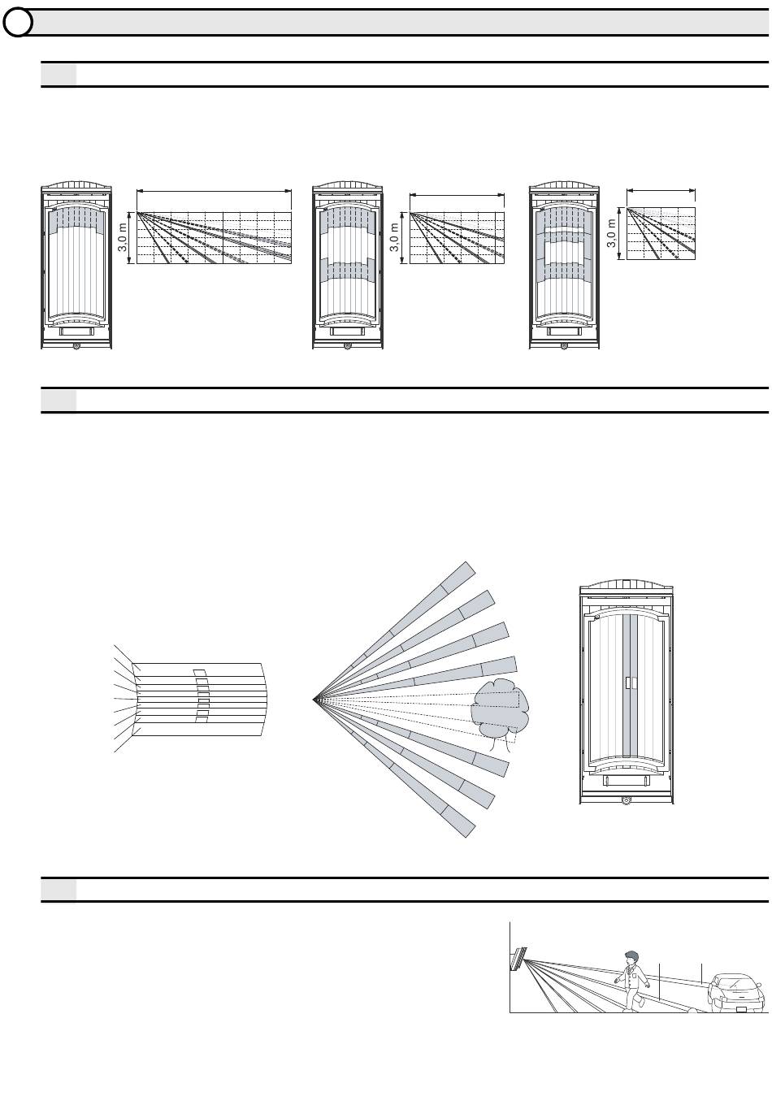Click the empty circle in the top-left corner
click(16, 23)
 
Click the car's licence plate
click(741, 1010)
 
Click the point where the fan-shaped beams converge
click(315, 698)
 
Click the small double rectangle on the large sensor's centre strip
click(627, 683)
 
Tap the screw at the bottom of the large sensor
click(627, 800)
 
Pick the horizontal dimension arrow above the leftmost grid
click(214, 191)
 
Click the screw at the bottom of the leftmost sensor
click(76, 346)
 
